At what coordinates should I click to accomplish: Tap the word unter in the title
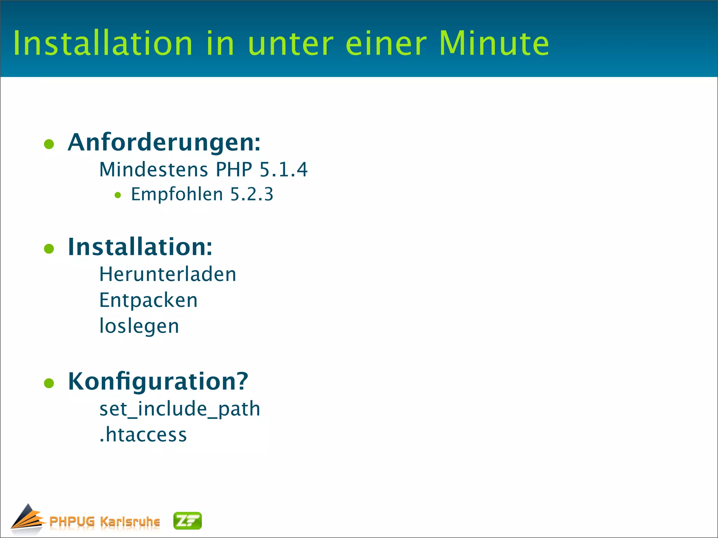coord(290,44)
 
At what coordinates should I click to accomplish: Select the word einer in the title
coord(386,44)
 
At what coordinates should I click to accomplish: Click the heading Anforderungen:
coord(164,143)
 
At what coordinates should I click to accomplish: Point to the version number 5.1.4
coord(283,170)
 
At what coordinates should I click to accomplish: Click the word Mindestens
coord(154,170)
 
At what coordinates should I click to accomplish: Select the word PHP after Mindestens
coord(234,170)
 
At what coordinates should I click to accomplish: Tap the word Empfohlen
coord(177,194)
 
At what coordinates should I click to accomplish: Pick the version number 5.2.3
coord(251,194)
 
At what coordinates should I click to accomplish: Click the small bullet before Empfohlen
coord(118,195)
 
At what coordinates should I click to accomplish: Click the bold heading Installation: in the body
coord(140,247)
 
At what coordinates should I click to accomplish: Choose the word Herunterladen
coord(168,274)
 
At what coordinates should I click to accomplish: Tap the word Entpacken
coord(148,301)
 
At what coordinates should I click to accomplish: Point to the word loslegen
coord(139,326)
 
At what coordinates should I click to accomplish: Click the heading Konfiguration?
coord(158,381)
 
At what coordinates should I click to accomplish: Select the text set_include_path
coord(179,409)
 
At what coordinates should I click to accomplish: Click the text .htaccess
coord(143,435)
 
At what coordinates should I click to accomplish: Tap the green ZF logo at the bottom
coord(188,521)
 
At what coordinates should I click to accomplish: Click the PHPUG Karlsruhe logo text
coord(104,522)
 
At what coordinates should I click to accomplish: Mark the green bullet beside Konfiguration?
coord(49,383)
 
